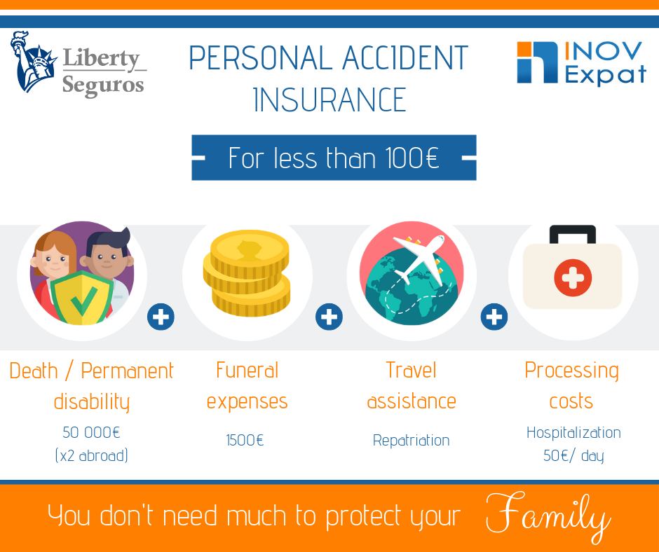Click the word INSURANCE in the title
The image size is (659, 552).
click(x=329, y=99)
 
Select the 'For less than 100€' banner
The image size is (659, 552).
click(x=334, y=158)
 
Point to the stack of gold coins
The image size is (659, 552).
click(x=247, y=273)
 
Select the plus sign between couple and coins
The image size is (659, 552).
click(x=161, y=317)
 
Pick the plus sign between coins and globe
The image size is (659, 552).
click(x=329, y=317)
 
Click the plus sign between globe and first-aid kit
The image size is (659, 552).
click(x=494, y=317)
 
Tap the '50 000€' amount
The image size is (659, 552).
click(x=92, y=432)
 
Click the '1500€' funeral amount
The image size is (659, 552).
click(x=245, y=441)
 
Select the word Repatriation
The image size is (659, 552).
click(x=411, y=441)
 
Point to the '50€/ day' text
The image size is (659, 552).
click(x=573, y=455)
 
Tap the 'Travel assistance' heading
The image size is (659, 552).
click(x=412, y=385)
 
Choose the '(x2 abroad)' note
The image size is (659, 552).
click(x=92, y=455)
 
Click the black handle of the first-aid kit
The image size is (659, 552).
click(x=573, y=234)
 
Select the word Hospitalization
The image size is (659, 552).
click(x=573, y=432)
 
